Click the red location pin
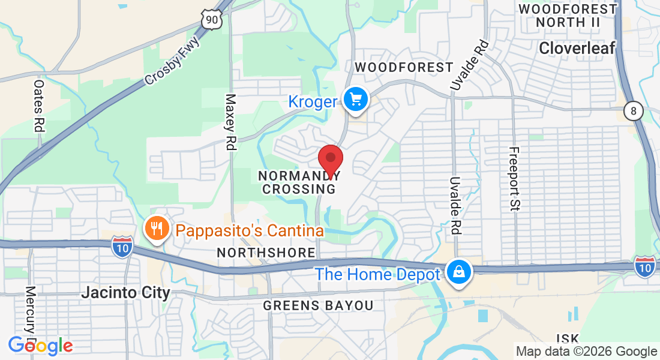tap(330, 159)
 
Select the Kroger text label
tap(312, 101)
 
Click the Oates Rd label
tap(39, 106)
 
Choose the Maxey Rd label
tap(231, 122)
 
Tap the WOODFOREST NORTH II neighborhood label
tap(568, 16)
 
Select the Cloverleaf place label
tap(577, 49)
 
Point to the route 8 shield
tap(634, 112)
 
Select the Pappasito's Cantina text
tap(250, 230)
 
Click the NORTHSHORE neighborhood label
tap(266, 253)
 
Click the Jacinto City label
tap(125, 293)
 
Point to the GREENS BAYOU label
tap(318, 306)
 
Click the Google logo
tap(40, 346)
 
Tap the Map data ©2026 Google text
tap(587, 352)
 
